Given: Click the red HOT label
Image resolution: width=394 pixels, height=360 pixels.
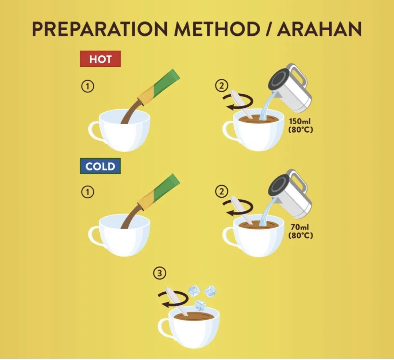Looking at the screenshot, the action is (100, 59).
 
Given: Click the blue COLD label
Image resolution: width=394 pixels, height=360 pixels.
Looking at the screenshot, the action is (100, 166).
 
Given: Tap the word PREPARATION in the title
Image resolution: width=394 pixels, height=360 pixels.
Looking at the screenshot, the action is (100, 29).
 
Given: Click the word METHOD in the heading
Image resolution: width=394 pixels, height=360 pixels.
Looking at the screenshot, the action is (217, 29).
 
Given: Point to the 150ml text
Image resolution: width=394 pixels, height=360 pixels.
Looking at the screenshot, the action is (299, 121).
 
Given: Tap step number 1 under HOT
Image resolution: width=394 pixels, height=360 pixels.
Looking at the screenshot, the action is (88, 87).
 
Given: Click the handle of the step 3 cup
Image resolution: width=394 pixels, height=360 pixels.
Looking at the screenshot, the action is (163, 328).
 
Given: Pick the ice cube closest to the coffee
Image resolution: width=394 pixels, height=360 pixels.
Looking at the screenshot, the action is (200, 305).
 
